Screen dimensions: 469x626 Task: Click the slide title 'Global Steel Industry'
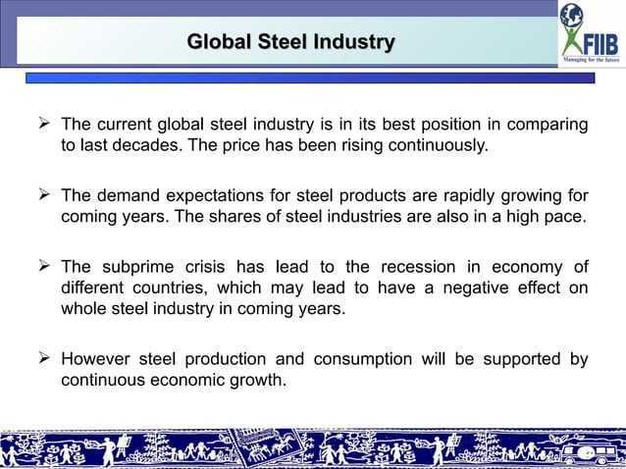click(290, 42)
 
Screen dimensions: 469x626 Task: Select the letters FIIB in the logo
click(600, 44)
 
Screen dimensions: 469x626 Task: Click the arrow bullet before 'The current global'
click(43, 125)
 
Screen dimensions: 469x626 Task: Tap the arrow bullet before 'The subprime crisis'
click(43, 266)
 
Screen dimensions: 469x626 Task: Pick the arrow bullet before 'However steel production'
click(43, 359)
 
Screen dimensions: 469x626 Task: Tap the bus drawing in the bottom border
click(588, 452)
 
